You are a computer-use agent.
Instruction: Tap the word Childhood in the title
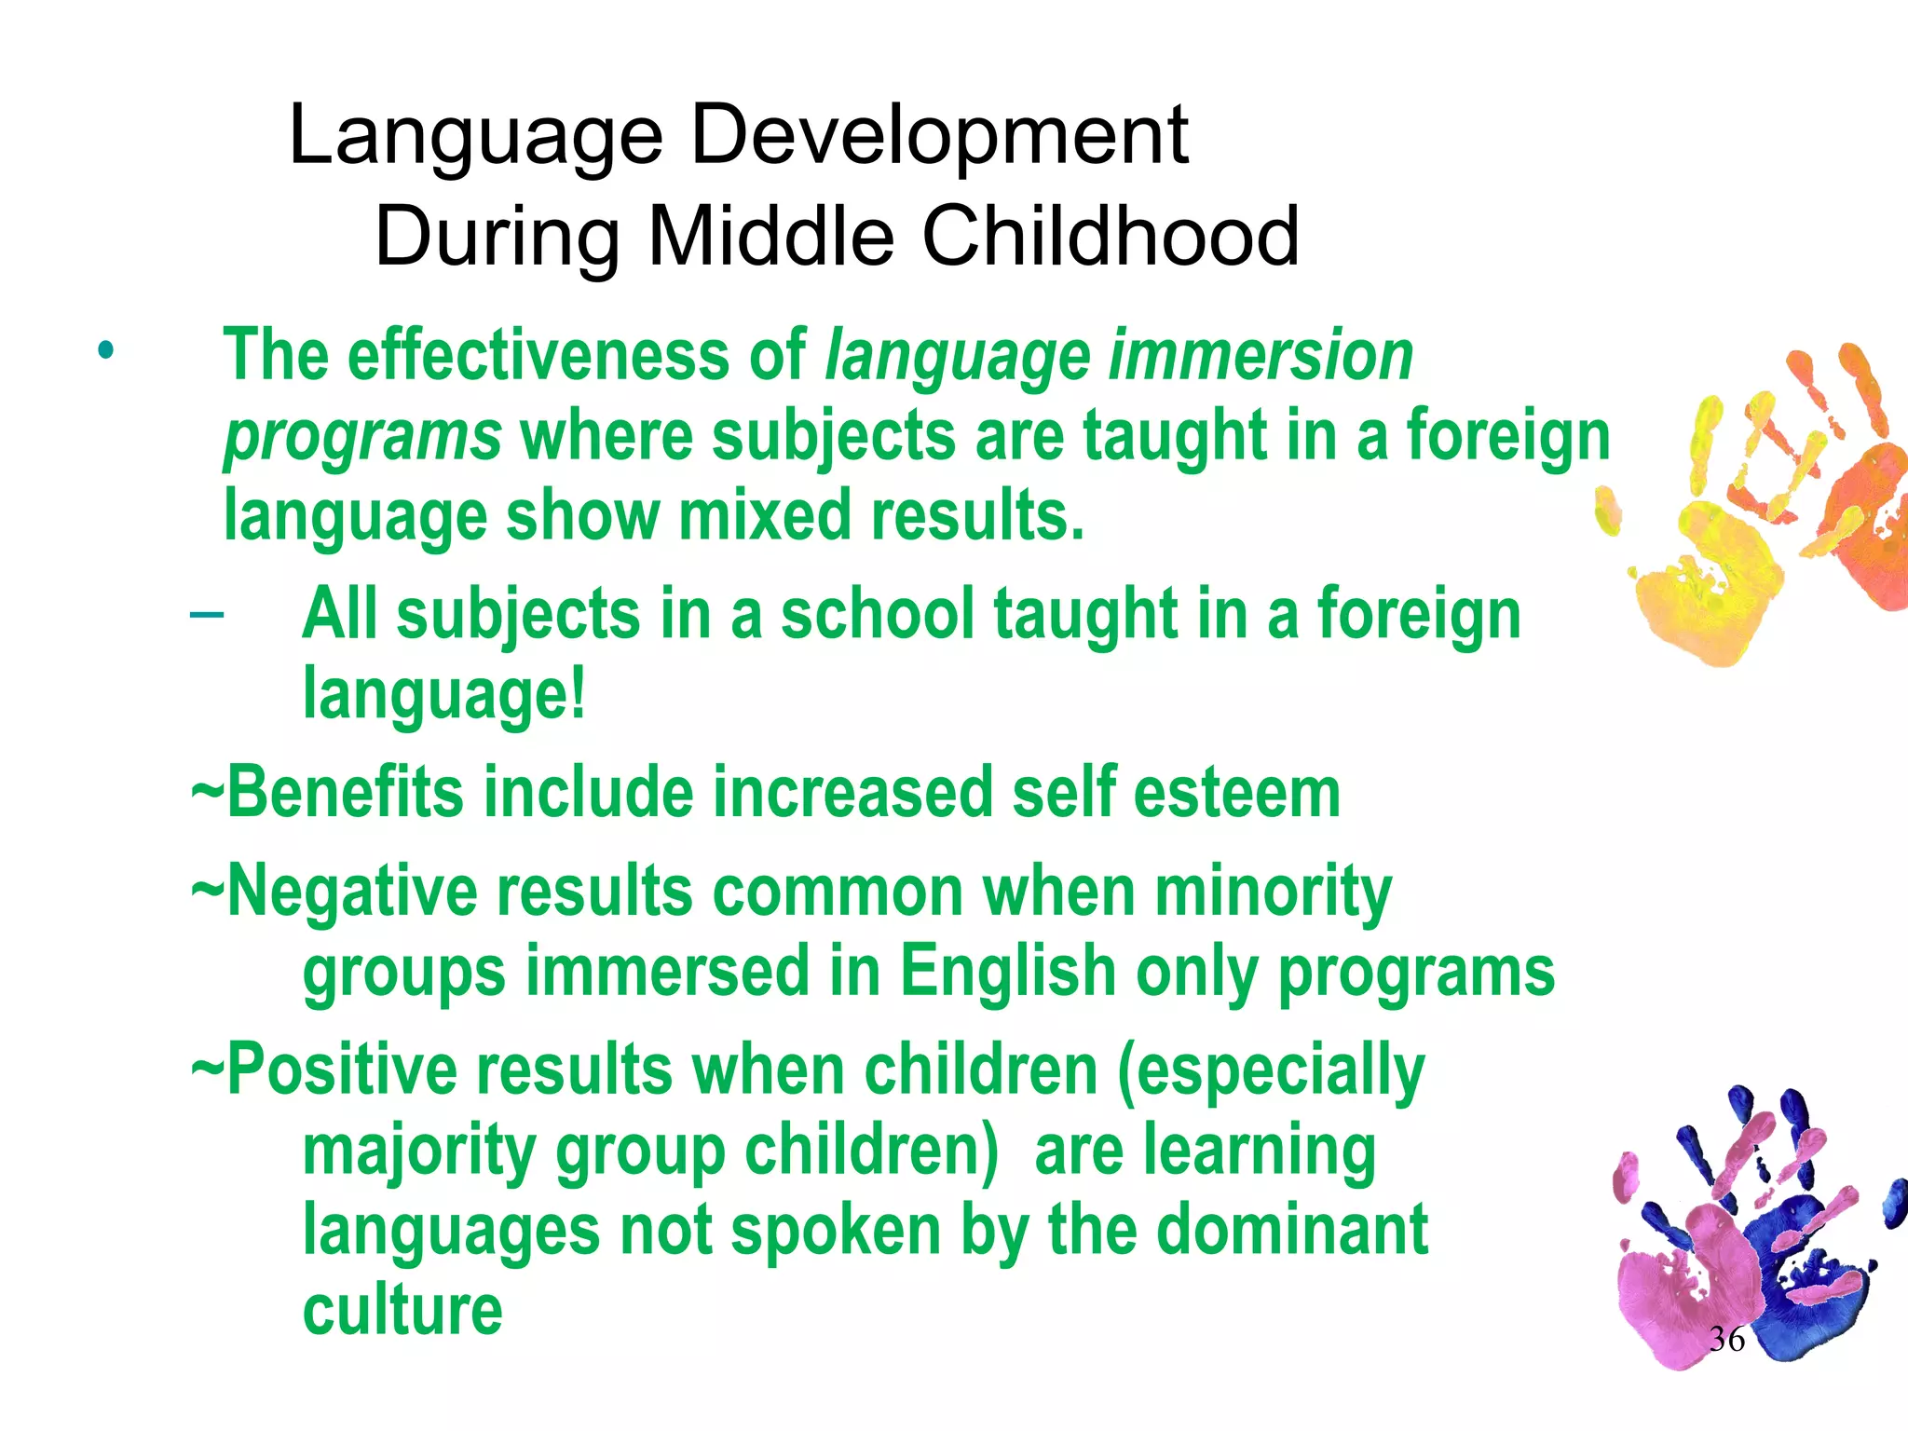tap(1110, 237)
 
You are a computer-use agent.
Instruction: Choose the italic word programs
tap(363, 436)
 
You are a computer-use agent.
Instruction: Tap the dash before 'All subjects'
tap(206, 614)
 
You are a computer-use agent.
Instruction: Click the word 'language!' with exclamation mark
tap(445, 695)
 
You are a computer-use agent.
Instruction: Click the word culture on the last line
tap(402, 1310)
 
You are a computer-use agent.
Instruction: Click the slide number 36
tap(1726, 1340)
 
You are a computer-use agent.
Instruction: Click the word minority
tap(1273, 892)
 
